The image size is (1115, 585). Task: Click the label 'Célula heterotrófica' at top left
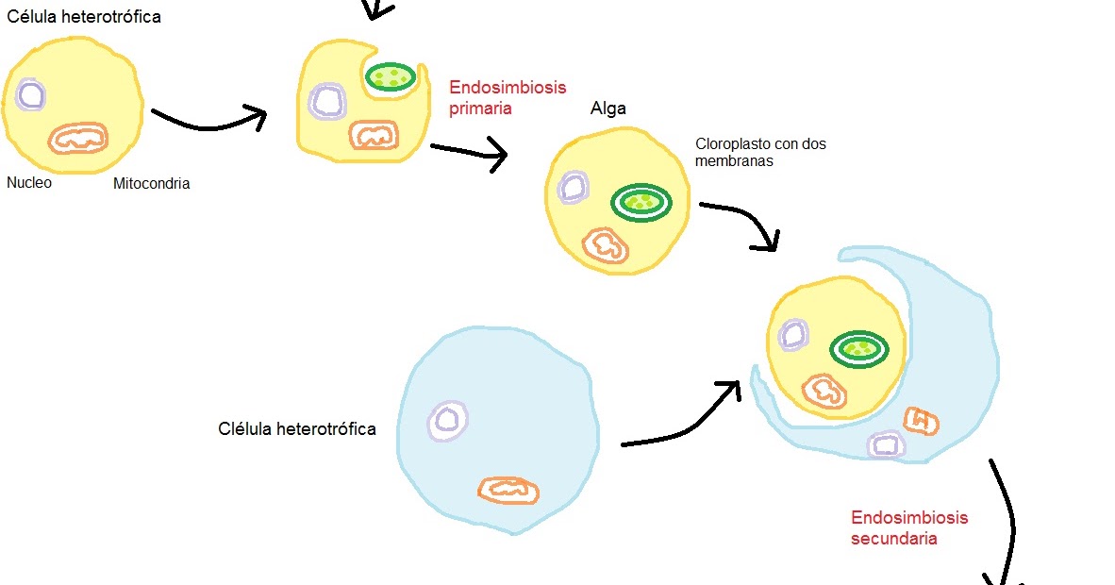pos(84,16)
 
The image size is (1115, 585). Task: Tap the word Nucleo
pos(29,182)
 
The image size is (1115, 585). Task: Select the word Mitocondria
pos(151,184)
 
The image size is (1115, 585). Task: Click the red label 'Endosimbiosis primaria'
pos(507,97)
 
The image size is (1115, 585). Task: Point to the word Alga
pos(607,109)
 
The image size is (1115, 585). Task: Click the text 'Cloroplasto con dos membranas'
pos(760,153)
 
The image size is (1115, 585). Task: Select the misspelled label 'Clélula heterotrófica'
pos(297,429)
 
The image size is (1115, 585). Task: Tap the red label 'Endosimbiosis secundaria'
pos(908,527)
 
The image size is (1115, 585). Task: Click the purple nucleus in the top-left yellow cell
pos(29,95)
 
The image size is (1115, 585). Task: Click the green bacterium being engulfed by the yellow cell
pos(391,77)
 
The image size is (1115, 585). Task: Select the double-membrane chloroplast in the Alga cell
pos(641,201)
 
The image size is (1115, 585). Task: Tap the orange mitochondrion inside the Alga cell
pos(605,244)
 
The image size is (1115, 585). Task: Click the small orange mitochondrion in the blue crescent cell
pos(921,421)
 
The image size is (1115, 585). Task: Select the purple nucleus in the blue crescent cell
pos(886,444)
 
